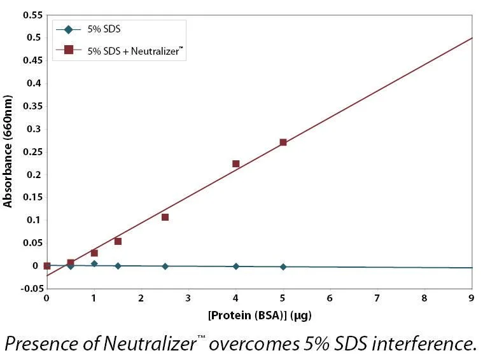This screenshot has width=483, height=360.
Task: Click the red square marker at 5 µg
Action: pos(283,142)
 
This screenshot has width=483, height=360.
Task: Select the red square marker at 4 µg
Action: pos(236,164)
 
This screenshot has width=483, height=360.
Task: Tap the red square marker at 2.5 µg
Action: pos(165,218)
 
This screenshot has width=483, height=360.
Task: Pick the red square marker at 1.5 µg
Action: pos(118,242)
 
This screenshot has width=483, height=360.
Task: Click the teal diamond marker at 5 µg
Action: pos(283,267)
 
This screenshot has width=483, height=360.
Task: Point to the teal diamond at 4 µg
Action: pos(236,267)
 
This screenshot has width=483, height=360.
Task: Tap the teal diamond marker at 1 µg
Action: pos(94,263)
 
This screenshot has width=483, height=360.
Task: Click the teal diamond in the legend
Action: pos(68,29)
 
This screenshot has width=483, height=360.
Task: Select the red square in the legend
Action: pos(68,50)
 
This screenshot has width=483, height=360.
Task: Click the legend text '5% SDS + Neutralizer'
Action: pos(136,51)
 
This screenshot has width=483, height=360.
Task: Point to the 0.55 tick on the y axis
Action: pos(32,15)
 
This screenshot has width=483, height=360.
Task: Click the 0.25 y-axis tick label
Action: pos(32,152)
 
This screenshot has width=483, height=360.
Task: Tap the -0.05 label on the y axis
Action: pos(32,289)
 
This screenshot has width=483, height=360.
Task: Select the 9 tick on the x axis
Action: pos(472,298)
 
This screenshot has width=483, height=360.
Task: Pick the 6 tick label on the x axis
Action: pos(330,298)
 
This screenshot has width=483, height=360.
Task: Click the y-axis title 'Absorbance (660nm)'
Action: pos(8,151)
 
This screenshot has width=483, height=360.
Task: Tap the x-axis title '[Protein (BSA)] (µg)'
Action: pos(260,315)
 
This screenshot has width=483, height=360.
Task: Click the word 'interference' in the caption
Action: pos(421,343)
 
